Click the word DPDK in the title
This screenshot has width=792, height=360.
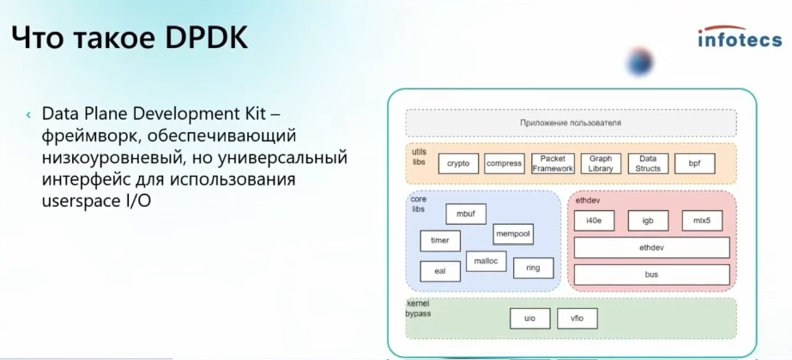click(207, 38)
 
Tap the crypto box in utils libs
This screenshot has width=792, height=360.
click(458, 163)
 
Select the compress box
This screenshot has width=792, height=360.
click(504, 163)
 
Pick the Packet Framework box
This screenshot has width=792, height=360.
click(553, 163)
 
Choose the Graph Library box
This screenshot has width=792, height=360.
click(601, 163)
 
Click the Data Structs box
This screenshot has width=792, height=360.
click(648, 163)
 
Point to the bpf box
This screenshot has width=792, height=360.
click(695, 163)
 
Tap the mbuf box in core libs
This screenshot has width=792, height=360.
click(466, 214)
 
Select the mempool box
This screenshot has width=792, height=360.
click(513, 234)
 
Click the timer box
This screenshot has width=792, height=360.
click(440, 241)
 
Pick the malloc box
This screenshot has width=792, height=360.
click(486, 261)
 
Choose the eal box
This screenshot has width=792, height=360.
click(440, 272)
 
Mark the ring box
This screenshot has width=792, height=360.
click(533, 268)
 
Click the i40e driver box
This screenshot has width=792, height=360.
click(594, 221)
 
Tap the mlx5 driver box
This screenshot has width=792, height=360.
click(702, 221)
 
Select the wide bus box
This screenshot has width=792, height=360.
click(652, 275)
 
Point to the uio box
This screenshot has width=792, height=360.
click(530, 319)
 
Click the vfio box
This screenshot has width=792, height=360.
click(577, 319)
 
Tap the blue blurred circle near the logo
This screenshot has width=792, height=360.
click(640, 62)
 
